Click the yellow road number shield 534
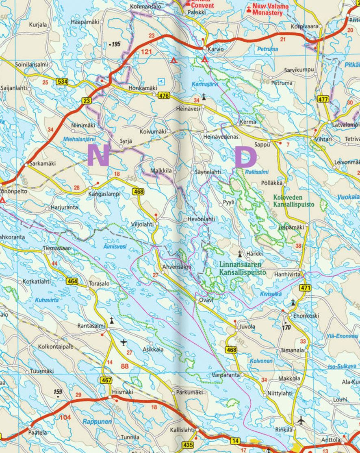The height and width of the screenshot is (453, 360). pyautogui.click(x=63, y=82)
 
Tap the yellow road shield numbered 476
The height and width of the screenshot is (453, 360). pyautogui.click(x=164, y=95)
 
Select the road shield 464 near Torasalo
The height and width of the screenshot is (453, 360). pyautogui.click(x=72, y=281)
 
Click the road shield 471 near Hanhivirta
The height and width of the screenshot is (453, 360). pyautogui.click(x=306, y=288)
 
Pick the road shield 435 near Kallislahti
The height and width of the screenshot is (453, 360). pyautogui.click(x=189, y=445)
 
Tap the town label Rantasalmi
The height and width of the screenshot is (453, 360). pyautogui.click(x=91, y=326)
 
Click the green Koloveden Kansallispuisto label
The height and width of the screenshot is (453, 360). pyautogui.click(x=293, y=201)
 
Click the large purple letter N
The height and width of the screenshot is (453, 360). pyautogui.click(x=98, y=156)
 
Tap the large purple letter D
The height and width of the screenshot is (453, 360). pyautogui.click(x=246, y=158)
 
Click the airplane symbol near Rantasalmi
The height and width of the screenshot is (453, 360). pyautogui.click(x=124, y=341)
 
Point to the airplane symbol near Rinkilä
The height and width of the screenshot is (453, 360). pyautogui.click(x=301, y=420)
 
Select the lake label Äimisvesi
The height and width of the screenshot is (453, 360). pyautogui.click(x=115, y=246)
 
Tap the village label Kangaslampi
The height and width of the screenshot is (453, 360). pyautogui.click(x=104, y=194)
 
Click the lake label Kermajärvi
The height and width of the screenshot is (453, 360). pyautogui.click(x=205, y=84)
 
